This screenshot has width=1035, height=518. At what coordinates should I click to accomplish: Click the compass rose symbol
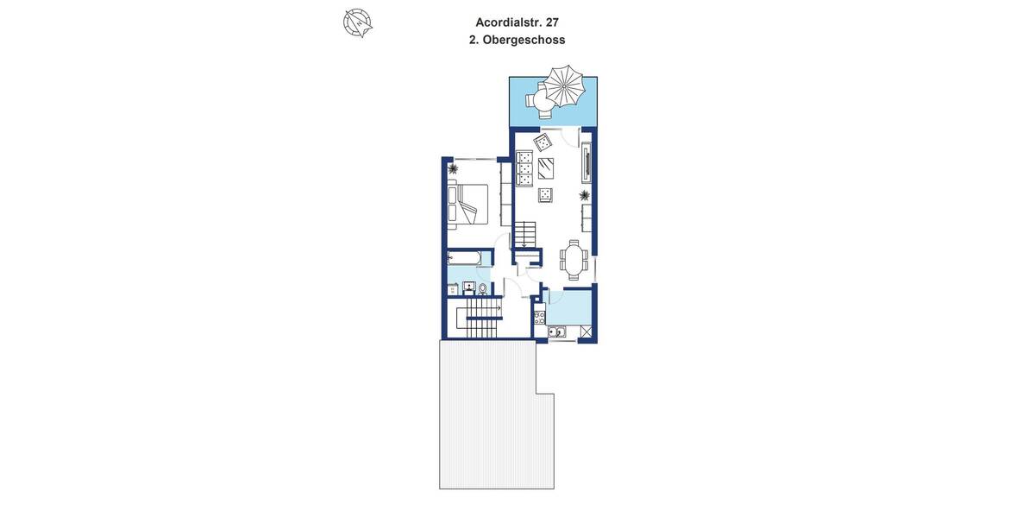(x=357, y=22)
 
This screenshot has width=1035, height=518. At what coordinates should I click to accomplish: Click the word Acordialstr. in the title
(x=506, y=22)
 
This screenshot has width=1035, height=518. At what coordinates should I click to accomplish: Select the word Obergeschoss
(x=524, y=40)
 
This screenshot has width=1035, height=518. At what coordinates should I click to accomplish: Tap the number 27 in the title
(x=552, y=22)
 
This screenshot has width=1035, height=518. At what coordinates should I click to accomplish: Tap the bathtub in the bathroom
(x=465, y=257)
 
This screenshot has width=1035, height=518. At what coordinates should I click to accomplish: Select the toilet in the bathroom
(x=482, y=289)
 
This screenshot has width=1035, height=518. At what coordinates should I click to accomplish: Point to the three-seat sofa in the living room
(x=524, y=168)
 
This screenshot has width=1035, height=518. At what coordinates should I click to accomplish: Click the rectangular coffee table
(x=547, y=167)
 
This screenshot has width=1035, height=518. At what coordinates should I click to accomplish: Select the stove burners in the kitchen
(x=539, y=318)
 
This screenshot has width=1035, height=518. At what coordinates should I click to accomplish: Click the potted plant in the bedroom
(x=454, y=169)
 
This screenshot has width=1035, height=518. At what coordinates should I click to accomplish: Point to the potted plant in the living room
(x=584, y=196)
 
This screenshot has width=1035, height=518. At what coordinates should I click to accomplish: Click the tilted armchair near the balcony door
(x=543, y=141)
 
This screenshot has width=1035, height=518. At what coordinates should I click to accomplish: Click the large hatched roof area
(x=487, y=423)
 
